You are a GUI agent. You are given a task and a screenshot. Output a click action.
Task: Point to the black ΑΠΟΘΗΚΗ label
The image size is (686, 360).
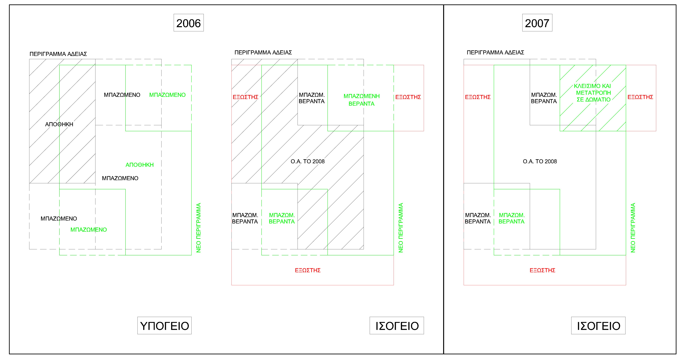pyautogui.click(x=59, y=124)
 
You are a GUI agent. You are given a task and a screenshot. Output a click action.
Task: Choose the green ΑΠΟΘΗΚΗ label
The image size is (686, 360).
pyautogui.click(x=140, y=165)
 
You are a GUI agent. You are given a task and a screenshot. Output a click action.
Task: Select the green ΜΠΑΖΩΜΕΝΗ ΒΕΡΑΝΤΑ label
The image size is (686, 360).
pyautogui.click(x=361, y=100)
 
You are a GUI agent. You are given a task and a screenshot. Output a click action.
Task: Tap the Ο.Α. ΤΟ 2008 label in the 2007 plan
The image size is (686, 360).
pyautogui.click(x=540, y=161)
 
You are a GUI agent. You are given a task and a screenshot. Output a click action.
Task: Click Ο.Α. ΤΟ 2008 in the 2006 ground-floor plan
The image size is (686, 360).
pyautogui.click(x=308, y=161)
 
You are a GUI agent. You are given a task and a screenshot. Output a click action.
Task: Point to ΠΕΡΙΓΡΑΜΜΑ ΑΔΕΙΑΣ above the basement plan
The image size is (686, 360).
pyautogui.click(x=58, y=54)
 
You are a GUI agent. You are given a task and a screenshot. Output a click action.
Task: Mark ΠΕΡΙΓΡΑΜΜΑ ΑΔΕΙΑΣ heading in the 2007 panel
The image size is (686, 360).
pyautogui.click(x=495, y=52)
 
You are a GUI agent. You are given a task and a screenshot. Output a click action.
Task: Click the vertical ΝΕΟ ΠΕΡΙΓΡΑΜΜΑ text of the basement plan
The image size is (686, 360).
pyautogui.click(x=198, y=228)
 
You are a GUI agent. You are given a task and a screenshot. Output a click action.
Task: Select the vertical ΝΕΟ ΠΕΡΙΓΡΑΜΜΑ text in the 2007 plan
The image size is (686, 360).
pyautogui.click(x=633, y=228)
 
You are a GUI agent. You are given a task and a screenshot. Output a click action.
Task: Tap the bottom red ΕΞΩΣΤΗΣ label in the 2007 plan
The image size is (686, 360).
pyautogui.click(x=542, y=270)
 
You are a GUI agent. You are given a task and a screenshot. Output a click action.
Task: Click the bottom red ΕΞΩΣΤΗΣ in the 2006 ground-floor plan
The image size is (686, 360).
pyautogui.click(x=308, y=270)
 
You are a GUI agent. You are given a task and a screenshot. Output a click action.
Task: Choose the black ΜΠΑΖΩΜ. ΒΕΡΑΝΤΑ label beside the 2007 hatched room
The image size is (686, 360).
pyautogui.click(x=544, y=98)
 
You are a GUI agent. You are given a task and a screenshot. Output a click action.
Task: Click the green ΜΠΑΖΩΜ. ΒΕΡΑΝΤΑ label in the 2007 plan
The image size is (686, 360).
pyautogui.click(x=512, y=218)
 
